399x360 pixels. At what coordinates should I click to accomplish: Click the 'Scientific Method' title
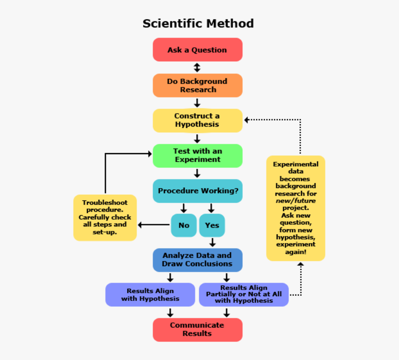click(198, 23)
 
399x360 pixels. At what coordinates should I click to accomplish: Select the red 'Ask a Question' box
click(197, 50)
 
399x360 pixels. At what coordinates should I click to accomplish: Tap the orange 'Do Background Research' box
click(197, 85)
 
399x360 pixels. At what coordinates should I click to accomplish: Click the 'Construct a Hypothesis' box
click(197, 120)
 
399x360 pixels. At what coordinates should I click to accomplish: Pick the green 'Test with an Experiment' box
click(197, 155)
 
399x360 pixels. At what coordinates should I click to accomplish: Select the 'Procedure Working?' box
click(197, 191)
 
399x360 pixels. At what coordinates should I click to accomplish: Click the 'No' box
click(184, 225)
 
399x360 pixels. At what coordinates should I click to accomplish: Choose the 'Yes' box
click(212, 225)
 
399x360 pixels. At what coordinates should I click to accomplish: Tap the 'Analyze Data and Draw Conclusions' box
click(197, 260)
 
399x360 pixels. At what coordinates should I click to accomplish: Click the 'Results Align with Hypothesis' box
click(150, 295)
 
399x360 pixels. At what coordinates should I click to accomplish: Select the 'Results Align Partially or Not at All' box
click(244, 295)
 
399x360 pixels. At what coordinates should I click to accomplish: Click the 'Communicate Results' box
click(197, 329)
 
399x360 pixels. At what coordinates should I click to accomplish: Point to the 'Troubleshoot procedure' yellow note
click(105, 217)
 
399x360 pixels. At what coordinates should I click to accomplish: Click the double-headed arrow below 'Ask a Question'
click(197, 67)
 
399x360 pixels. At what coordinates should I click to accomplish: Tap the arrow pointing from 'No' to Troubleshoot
click(153, 225)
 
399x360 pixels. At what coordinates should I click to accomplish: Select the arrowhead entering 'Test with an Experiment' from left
click(149, 154)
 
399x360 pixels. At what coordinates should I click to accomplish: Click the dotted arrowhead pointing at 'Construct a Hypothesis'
click(247, 120)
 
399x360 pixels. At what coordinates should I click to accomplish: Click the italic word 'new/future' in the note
click(295, 201)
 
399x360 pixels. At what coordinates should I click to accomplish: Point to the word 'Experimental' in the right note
click(295, 164)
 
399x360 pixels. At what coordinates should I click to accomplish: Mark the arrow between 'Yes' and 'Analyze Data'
click(212, 242)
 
